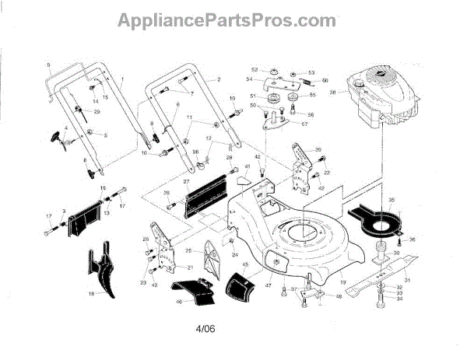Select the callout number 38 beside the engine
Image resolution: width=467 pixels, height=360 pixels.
point(333,93)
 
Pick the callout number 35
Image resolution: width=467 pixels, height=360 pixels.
point(392,200)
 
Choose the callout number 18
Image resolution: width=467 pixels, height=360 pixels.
point(90,294)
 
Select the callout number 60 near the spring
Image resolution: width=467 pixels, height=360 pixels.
point(325,80)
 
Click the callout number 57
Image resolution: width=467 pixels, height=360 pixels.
point(304,124)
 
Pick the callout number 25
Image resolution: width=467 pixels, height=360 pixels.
point(188,251)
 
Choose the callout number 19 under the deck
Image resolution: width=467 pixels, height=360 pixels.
point(321,280)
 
